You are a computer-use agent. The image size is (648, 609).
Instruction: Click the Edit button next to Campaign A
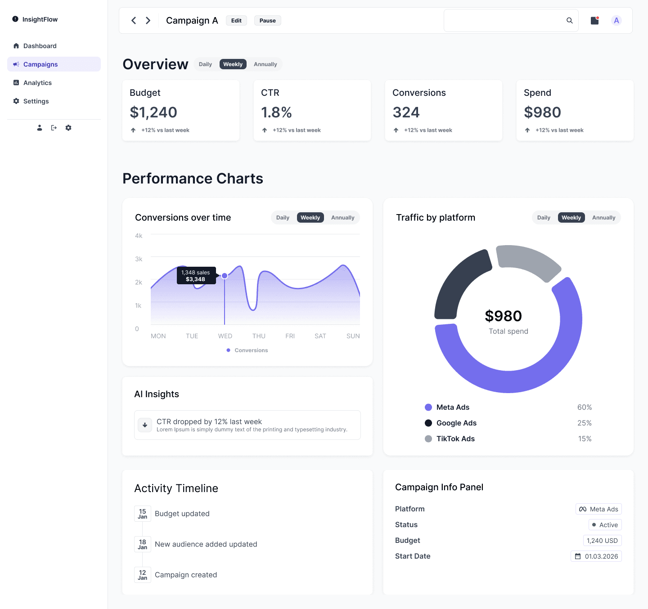pos(236,21)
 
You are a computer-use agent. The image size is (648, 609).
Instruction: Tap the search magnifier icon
pos(569,21)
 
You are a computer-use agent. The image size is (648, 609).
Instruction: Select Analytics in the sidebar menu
pos(37,83)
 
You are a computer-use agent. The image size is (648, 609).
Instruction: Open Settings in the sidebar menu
pos(36,101)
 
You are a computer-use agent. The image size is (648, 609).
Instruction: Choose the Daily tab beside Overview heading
pos(205,64)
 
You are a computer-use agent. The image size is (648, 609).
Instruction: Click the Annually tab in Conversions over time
pos(342,218)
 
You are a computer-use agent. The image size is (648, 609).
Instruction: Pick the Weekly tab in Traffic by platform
pos(571,218)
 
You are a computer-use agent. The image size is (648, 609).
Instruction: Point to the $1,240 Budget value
pos(153,112)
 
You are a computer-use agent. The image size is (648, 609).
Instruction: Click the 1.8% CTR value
pos(276,112)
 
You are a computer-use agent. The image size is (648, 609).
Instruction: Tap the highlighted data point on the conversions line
pos(225,276)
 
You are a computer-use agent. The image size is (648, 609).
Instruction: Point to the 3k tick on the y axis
pos(139,259)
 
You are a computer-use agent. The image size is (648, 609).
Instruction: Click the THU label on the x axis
pos(259,336)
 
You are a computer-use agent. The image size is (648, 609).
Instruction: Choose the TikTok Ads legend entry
pos(455,439)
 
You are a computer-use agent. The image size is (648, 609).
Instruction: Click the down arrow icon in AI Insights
pos(145,425)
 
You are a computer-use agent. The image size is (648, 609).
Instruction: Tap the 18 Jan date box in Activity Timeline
pos(143,544)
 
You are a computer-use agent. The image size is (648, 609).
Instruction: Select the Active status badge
pos(605,525)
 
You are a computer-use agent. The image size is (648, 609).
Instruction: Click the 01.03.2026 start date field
pos(596,556)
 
